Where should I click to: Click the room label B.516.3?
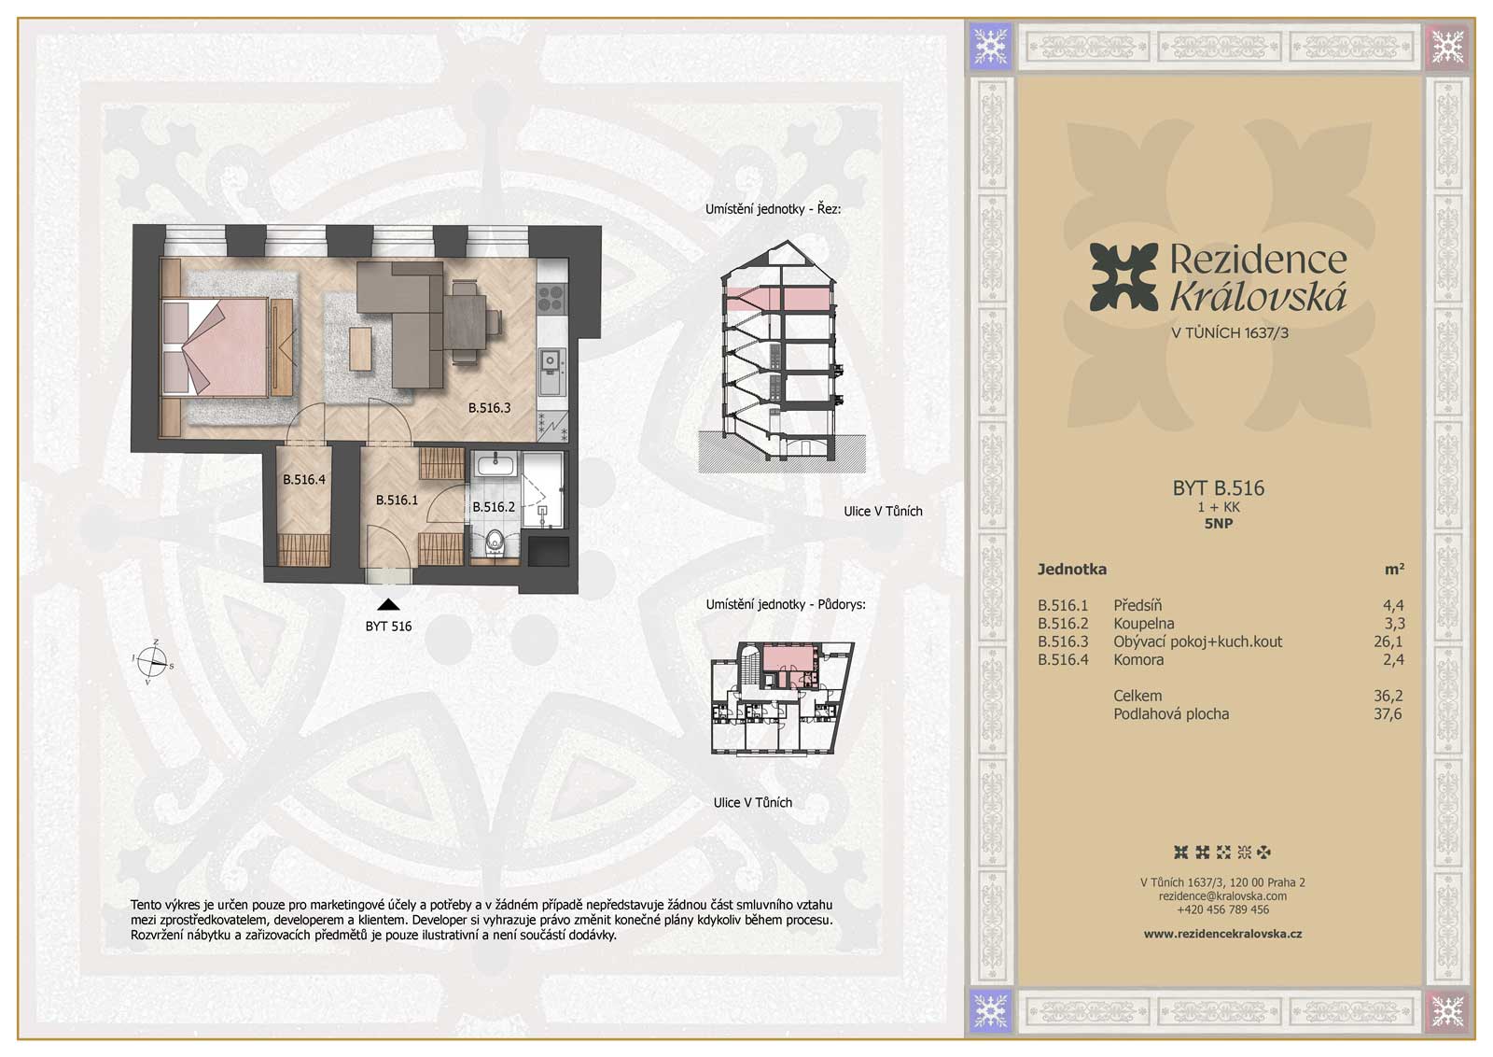[x=489, y=407]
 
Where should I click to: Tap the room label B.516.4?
[x=304, y=479]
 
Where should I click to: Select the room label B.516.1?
[x=397, y=500]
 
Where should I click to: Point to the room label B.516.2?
[x=494, y=507]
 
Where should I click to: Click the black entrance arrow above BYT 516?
[x=388, y=605]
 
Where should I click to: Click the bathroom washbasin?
[x=495, y=464]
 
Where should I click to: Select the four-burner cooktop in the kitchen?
[x=551, y=298]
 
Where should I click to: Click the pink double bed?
[x=228, y=346]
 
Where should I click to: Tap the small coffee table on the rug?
[x=360, y=348]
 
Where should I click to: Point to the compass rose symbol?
[x=154, y=661]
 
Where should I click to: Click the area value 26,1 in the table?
[x=1388, y=641]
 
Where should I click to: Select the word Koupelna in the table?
[x=1144, y=624]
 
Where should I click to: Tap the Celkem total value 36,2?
[x=1388, y=696]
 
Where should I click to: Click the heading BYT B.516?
[x=1219, y=487]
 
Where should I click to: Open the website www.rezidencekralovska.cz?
[x=1222, y=934]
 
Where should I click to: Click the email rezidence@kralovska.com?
[x=1222, y=896]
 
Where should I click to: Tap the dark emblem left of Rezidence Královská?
[x=1123, y=276]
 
